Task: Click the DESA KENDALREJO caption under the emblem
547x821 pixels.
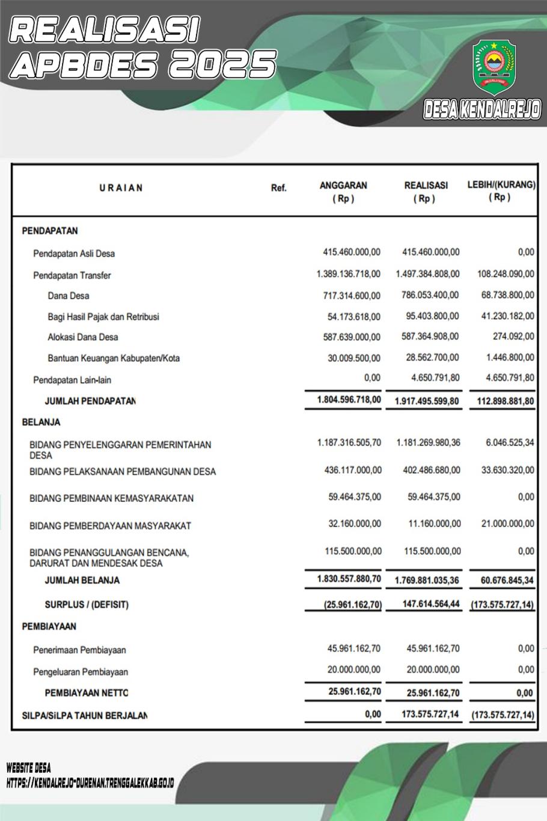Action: pyautogui.click(x=482, y=109)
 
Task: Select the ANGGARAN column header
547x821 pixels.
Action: pyautogui.click(x=343, y=192)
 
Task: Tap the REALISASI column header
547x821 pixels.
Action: pyautogui.click(x=426, y=192)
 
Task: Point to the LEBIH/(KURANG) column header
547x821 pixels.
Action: pyautogui.click(x=501, y=191)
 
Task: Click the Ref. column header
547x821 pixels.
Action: pyautogui.click(x=279, y=188)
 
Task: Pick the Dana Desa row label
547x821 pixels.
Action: pyautogui.click(x=69, y=296)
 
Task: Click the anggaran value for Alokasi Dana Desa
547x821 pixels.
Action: pyautogui.click(x=352, y=337)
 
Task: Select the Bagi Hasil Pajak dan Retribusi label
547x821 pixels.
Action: pyautogui.click(x=103, y=317)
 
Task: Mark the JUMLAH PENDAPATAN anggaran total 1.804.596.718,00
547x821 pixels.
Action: pyautogui.click(x=349, y=399)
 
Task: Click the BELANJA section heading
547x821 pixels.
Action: pyautogui.click(x=41, y=423)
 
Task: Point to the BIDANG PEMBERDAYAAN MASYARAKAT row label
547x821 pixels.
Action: pyautogui.click(x=110, y=526)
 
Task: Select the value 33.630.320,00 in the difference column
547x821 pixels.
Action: pyautogui.click(x=507, y=470)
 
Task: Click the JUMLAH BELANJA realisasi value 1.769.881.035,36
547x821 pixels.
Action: pyautogui.click(x=427, y=581)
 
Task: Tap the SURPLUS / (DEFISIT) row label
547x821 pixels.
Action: pyautogui.click(x=87, y=605)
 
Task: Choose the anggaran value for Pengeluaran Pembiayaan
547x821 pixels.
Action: pyautogui.click(x=354, y=670)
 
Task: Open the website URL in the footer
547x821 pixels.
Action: pyautogui.click(x=90, y=784)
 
